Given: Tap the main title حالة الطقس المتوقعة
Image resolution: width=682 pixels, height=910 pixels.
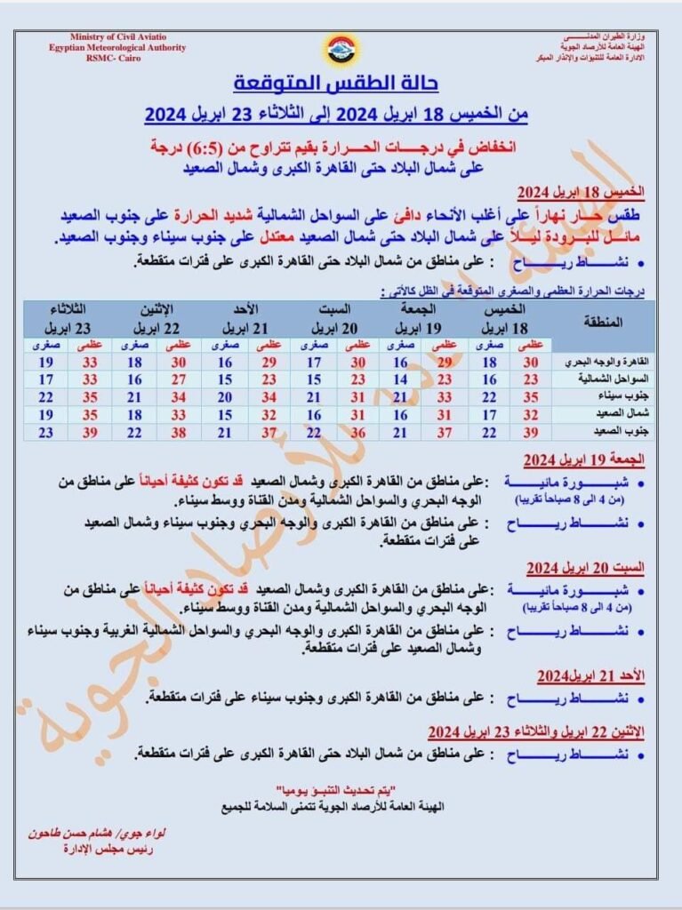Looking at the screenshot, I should coord(336,84).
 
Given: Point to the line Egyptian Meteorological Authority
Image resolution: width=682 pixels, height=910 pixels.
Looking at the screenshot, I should coord(117,47).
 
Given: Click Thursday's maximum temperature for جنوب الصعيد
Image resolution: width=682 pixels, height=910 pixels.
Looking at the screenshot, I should coord(531,431).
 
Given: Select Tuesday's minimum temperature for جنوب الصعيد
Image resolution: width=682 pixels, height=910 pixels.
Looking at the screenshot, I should coord(47,431).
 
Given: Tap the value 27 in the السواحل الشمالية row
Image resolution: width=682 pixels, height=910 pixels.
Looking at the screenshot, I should coord(179,379).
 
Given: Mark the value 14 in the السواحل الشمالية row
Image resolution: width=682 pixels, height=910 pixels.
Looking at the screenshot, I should coord(401,379).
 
